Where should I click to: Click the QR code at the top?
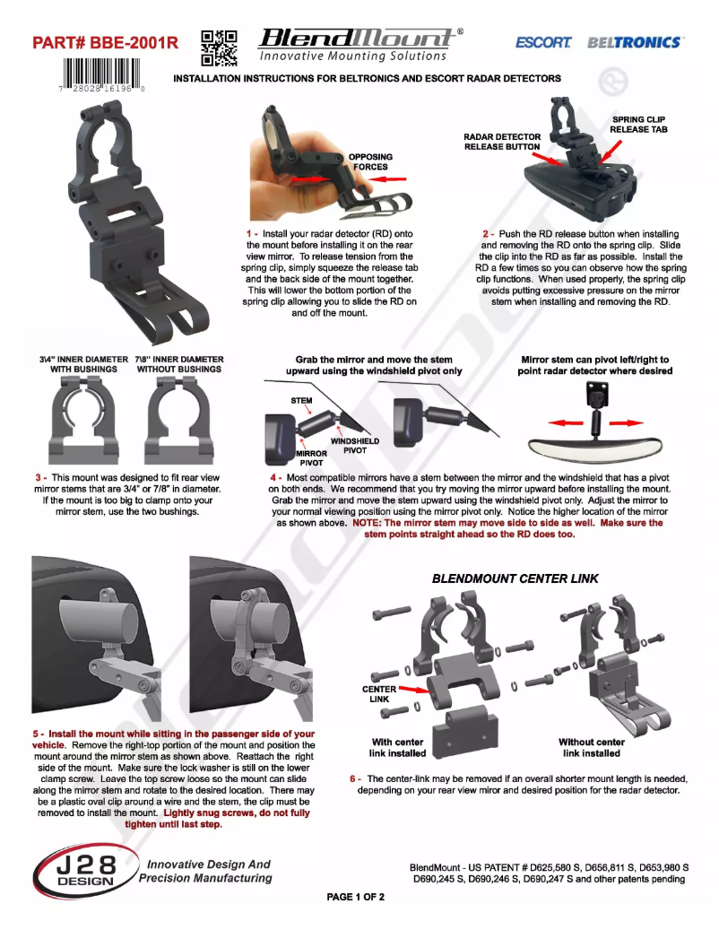(x=219, y=48)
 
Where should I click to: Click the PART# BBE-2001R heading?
(x=105, y=43)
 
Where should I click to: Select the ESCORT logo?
(x=543, y=42)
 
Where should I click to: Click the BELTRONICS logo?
(x=635, y=42)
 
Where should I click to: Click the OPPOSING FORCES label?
(x=370, y=161)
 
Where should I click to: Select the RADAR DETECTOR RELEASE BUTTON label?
(x=501, y=142)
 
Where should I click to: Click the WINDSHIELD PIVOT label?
(x=355, y=446)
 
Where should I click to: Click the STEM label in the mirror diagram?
(x=301, y=400)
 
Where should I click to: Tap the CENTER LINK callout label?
(x=378, y=693)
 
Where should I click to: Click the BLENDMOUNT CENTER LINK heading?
(x=515, y=579)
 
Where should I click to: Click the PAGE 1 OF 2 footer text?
(x=356, y=897)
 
